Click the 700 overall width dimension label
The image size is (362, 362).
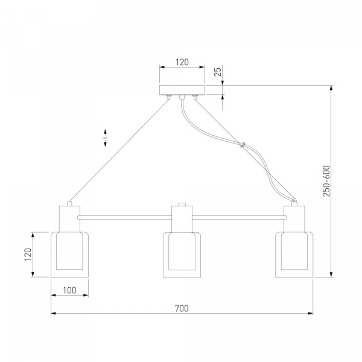pos(182,308)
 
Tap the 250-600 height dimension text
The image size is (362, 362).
pos(326,181)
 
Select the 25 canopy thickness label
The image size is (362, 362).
pos(218,71)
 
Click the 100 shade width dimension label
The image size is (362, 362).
pos(69,290)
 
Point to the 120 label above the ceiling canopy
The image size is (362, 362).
pos(182,62)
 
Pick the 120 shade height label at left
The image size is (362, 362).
pos(28,255)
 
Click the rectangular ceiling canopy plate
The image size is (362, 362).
pos(182,90)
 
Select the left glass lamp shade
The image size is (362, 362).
pos(69,255)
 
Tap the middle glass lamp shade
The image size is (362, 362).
pos(182,255)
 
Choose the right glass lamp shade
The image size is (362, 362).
pos(294,255)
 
